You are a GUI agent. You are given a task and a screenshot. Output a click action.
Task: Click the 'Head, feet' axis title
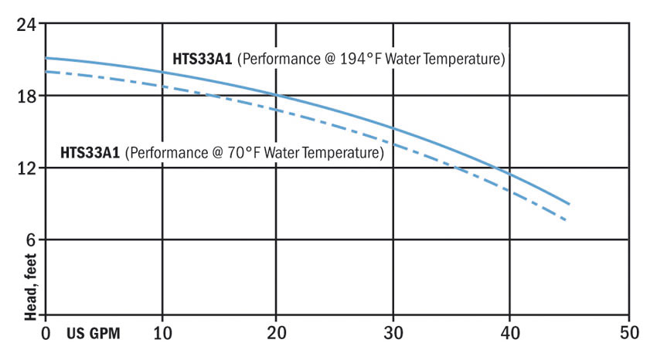(31, 287)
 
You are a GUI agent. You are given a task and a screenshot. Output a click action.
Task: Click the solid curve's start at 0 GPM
(46, 58)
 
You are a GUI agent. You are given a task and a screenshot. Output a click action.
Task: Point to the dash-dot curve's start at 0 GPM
(46, 71)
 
